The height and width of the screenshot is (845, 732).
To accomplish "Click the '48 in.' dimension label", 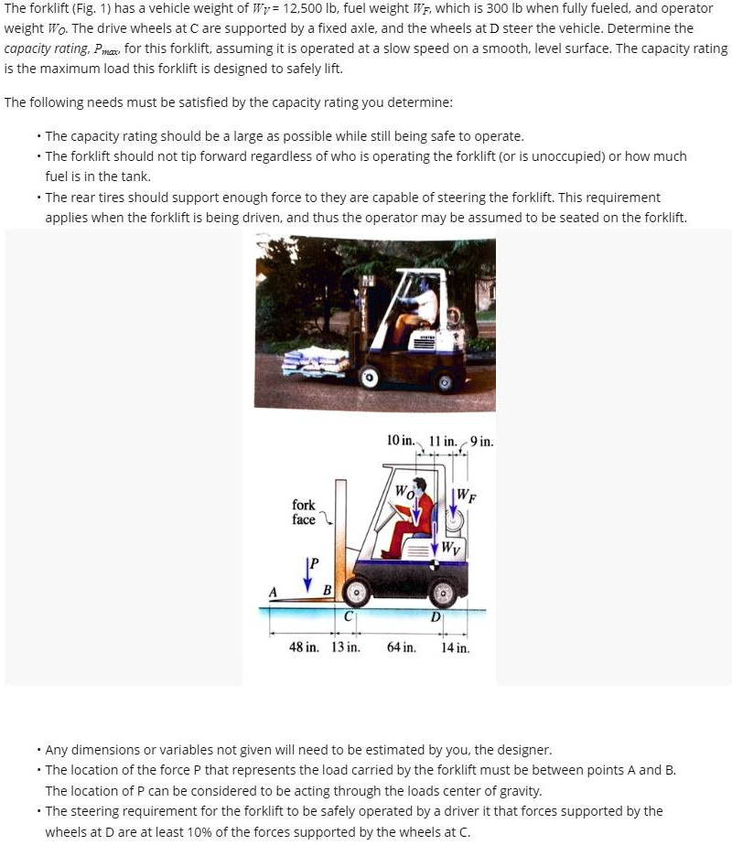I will [x=304, y=647].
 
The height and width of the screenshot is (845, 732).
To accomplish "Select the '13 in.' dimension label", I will [x=344, y=647].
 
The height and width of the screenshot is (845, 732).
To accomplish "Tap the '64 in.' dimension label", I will [x=401, y=647].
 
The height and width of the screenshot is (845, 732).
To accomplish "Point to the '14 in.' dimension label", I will [x=455, y=648].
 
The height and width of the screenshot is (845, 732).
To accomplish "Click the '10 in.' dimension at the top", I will [x=400, y=441].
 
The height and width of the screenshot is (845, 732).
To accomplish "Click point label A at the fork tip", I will [x=272, y=590].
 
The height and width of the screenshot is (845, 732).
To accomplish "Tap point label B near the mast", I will [x=328, y=588].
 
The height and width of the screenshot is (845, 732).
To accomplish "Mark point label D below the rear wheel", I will [x=436, y=616].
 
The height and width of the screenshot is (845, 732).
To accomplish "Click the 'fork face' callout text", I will [x=304, y=512].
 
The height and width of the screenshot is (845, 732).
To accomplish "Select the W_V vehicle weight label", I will [x=451, y=548].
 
